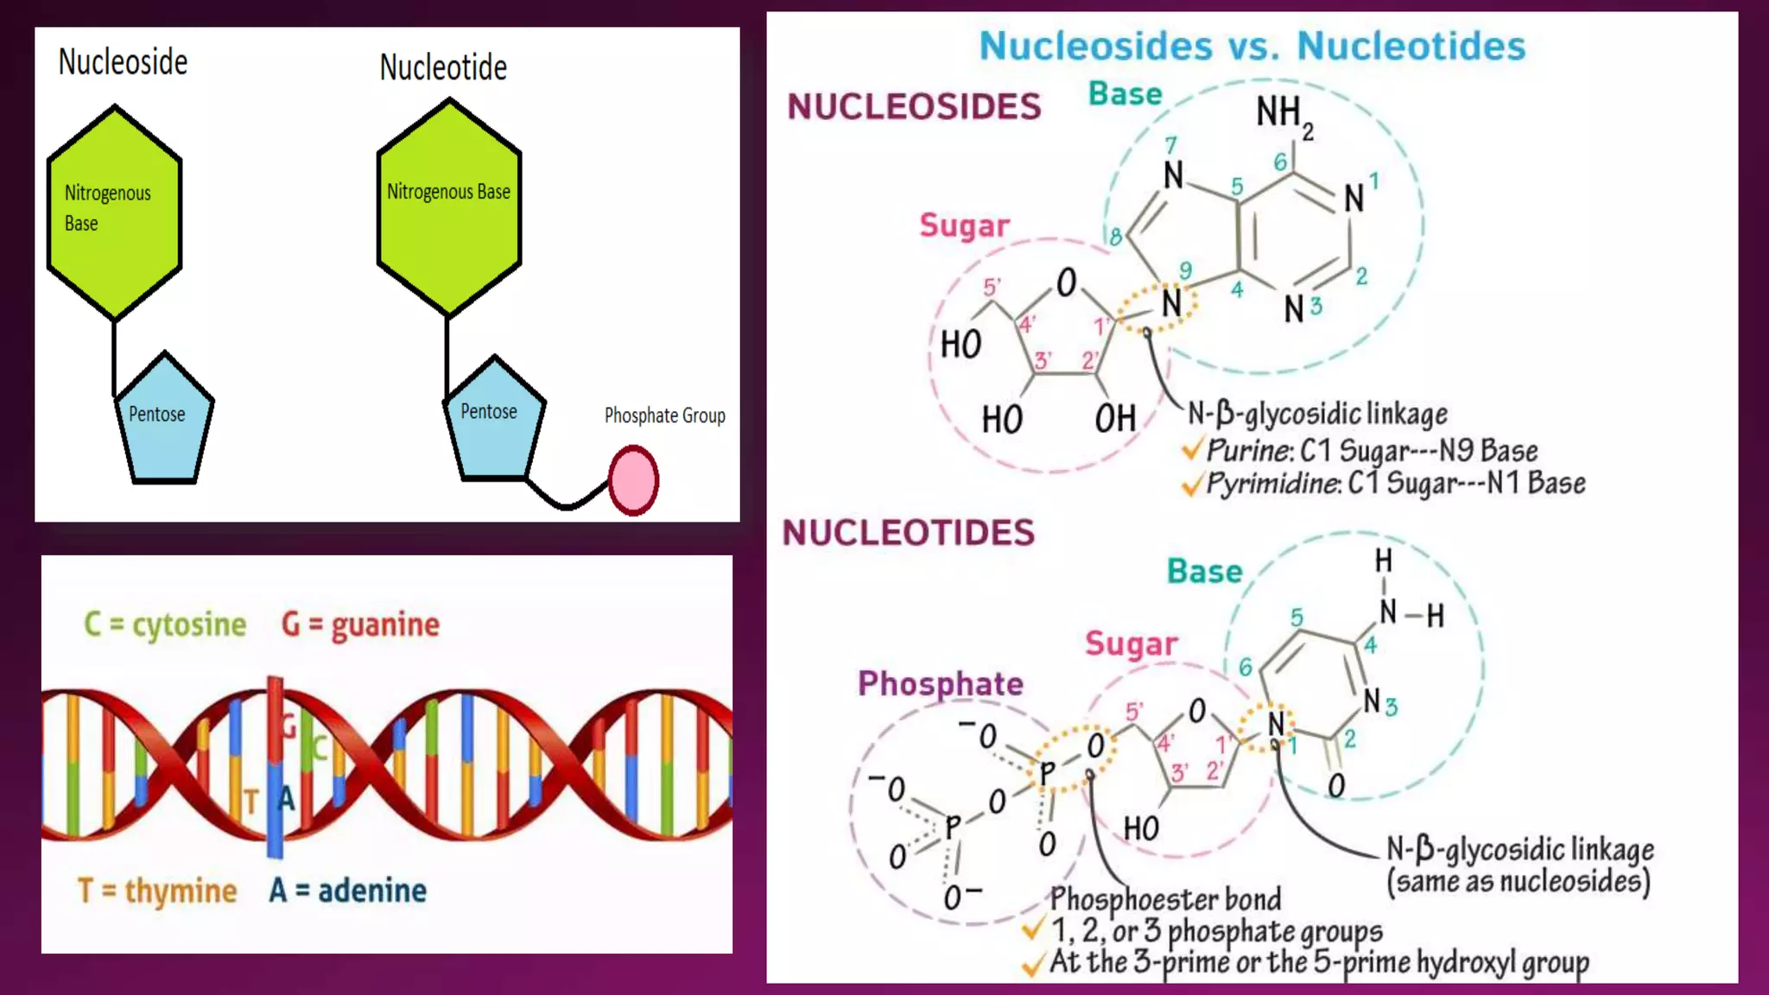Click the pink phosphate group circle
pyautogui.click(x=633, y=480)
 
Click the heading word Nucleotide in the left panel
pyautogui.click(x=443, y=67)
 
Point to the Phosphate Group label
pyautogui.click(x=664, y=415)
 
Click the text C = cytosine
pyautogui.click(x=165, y=624)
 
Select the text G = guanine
pyautogui.click(x=360, y=624)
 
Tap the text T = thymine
pyautogui.click(x=157, y=890)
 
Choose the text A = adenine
pyautogui.click(x=347, y=890)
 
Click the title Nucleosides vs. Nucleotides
pyautogui.click(x=1252, y=46)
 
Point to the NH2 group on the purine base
pyautogui.click(x=1284, y=115)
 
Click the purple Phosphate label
pyautogui.click(x=940, y=684)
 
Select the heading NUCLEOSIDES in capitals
pyautogui.click(x=914, y=107)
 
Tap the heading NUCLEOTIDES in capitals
pyautogui.click(x=908, y=533)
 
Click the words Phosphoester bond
pyautogui.click(x=1165, y=899)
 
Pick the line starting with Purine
pyautogui.click(x=1371, y=451)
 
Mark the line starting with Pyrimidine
pyautogui.click(x=1394, y=483)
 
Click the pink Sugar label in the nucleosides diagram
pyautogui.click(x=964, y=225)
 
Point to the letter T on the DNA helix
pyautogui.click(x=250, y=802)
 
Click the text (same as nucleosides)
pyautogui.click(x=1519, y=882)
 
